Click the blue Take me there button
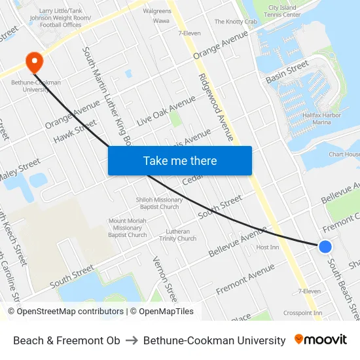[x=180, y=160]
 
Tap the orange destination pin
[x=33, y=62]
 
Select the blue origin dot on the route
[x=325, y=246]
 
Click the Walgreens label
[x=156, y=11]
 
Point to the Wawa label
[x=161, y=21]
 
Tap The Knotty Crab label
[x=236, y=22]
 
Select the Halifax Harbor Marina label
[x=326, y=118]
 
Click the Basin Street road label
[x=287, y=71]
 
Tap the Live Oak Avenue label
[x=166, y=111]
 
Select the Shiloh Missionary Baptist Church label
[x=159, y=203]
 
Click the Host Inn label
[x=267, y=247]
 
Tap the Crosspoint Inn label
[x=302, y=313]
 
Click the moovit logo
[x=320, y=340]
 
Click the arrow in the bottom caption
[x=132, y=340]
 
